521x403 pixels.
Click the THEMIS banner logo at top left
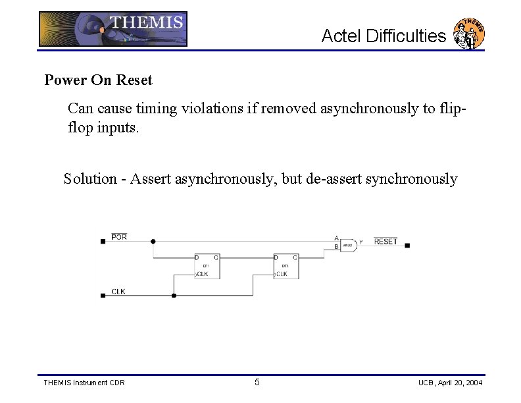click(112, 29)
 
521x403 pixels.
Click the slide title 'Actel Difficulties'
click(383, 36)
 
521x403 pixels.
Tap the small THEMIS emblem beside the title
click(470, 34)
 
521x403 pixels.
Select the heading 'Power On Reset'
click(98, 80)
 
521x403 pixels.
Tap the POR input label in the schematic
click(119, 236)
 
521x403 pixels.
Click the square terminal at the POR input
click(103, 242)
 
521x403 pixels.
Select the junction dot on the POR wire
click(153, 242)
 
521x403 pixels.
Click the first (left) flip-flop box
click(207, 266)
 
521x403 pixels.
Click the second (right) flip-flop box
click(285, 266)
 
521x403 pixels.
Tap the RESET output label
click(385, 242)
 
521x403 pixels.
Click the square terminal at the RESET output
click(407, 246)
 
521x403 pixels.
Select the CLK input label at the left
click(118, 290)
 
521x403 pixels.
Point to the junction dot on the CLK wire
click(174, 296)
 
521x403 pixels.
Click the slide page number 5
click(257, 383)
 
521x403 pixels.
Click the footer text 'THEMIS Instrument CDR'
click(84, 383)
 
